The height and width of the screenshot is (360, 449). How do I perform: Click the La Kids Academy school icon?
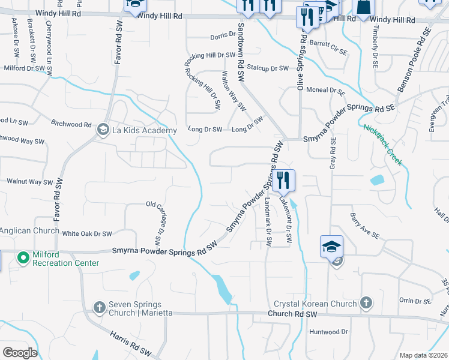coord(103,130)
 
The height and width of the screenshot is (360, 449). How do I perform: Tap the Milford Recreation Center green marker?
coord(23,258)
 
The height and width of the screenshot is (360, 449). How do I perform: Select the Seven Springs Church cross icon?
coord(100,308)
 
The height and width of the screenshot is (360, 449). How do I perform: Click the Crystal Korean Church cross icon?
coord(366,304)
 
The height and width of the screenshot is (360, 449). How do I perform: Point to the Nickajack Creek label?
coord(382,145)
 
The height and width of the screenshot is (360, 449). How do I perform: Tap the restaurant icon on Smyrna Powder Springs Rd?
coord(283,180)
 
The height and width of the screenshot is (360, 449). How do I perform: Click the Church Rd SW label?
coord(292,314)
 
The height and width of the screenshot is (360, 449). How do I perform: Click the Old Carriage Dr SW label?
coord(158,223)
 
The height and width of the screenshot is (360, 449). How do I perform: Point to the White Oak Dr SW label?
coord(87,233)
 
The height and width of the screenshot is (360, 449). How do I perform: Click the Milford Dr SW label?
coord(25,68)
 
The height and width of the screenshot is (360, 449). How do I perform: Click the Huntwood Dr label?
coord(328,331)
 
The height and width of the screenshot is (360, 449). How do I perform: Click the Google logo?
coord(20,353)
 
